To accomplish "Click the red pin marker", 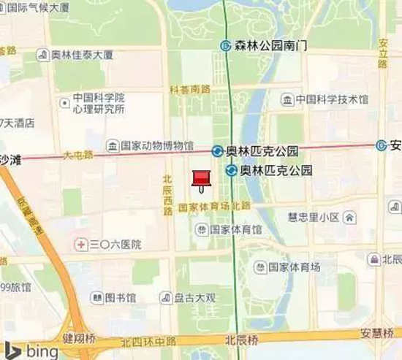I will click(200, 179).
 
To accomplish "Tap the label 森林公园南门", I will click(270, 45).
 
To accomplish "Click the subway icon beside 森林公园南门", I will click(226, 45).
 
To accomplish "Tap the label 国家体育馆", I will click(236, 229).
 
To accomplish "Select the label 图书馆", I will click(120, 298).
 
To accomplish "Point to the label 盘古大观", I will click(194, 298).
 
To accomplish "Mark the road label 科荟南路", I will click(189, 89).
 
